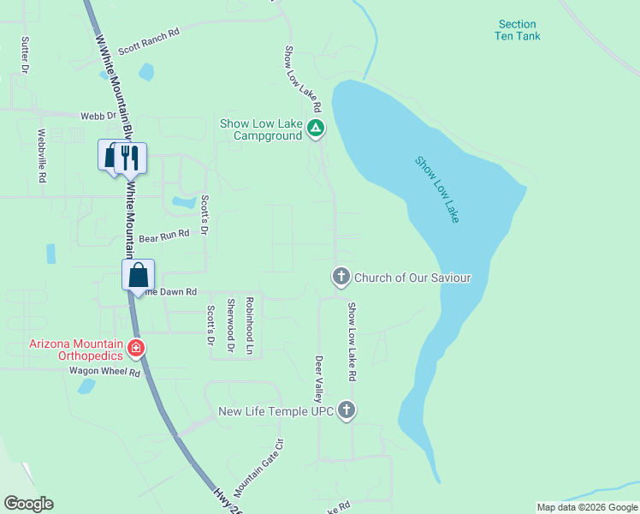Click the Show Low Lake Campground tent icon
pyautogui.click(x=316, y=129)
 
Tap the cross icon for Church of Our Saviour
pyautogui.click(x=341, y=277)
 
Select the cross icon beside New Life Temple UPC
pyautogui.click(x=347, y=411)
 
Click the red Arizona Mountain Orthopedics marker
pyautogui.click(x=135, y=348)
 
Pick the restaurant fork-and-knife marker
pyautogui.click(x=130, y=157)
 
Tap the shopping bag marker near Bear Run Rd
pyautogui.click(x=138, y=276)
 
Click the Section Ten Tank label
pyautogui.click(x=518, y=30)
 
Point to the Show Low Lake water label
pyautogui.click(x=437, y=189)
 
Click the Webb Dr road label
pyautogui.click(x=98, y=115)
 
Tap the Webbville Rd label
pyautogui.click(x=41, y=155)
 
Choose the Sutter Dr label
pyautogui.click(x=26, y=54)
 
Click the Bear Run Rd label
pyautogui.click(x=163, y=235)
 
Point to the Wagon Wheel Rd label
pyautogui.click(x=104, y=373)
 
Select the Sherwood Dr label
pyautogui.click(x=231, y=325)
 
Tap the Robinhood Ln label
pyautogui.click(x=250, y=326)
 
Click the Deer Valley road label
pyautogui.click(x=318, y=380)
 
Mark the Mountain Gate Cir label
pyautogui.click(x=258, y=469)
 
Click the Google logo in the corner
pyautogui.click(x=28, y=504)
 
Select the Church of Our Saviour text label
pyautogui.click(x=412, y=278)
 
